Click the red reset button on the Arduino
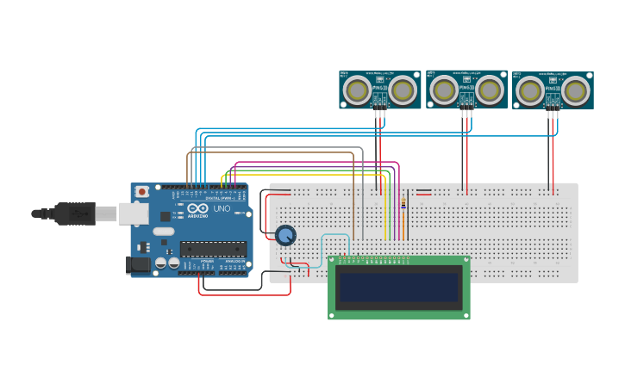[141, 191]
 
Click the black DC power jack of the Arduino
[138, 265]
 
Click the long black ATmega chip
[213, 249]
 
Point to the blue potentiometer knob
[285, 234]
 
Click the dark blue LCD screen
[399, 287]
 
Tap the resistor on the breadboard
[403, 203]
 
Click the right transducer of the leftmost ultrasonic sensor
[402, 89]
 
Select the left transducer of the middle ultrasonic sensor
[443, 89]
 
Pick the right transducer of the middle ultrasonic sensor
[489, 89]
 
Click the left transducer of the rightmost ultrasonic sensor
[530, 90]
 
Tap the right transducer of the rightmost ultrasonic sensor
[576, 90]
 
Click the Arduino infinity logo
[197, 209]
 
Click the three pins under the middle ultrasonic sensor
[466, 112]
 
